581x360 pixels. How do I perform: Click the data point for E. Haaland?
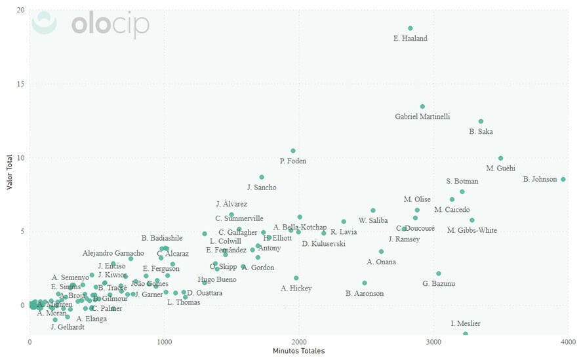[x=411, y=28]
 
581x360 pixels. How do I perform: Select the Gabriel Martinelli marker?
[x=422, y=106]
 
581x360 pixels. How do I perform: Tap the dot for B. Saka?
[x=481, y=121]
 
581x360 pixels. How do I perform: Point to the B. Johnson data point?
[x=563, y=179]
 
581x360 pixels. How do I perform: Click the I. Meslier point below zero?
[x=466, y=333]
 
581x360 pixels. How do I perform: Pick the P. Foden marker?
[x=293, y=151]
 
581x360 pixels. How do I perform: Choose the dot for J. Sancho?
[x=262, y=177]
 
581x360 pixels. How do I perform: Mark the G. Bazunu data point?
[x=439, y=273]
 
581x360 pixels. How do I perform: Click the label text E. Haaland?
[x=411, y=39]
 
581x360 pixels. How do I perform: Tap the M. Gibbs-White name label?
[x=472, y=230]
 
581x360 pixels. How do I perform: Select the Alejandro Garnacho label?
[x=113, y=253]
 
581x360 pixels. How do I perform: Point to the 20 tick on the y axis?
[x=21, y=10]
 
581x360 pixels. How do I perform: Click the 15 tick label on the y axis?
[x=21, y=84]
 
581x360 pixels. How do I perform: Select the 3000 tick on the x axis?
[x=433, y=342]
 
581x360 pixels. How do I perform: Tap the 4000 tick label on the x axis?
[x=568, y=342]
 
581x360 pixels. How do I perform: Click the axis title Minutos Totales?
[x=298, y=351]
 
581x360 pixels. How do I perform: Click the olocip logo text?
[x=110, y=25]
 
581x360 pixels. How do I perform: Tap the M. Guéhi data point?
[x=500, y=158]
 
